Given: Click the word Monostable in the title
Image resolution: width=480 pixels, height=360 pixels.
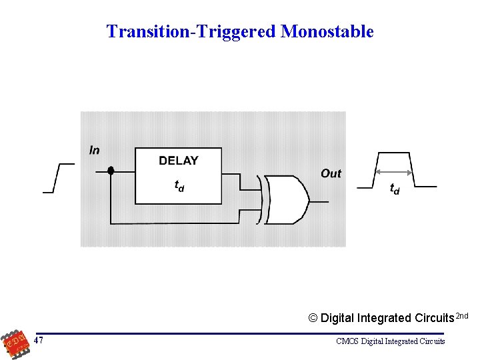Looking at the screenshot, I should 327,31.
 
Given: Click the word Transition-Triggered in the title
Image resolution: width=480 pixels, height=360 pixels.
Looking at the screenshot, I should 192,31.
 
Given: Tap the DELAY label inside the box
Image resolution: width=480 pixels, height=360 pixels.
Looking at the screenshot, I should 179,161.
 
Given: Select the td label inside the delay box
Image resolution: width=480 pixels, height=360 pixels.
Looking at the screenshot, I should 179,186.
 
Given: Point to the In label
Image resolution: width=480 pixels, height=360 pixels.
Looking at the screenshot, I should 95,150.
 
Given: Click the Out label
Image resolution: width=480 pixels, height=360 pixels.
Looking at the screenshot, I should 331,173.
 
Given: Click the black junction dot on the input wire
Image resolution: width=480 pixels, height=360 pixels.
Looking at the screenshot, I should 111,171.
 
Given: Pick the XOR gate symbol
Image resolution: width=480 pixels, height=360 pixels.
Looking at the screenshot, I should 287,200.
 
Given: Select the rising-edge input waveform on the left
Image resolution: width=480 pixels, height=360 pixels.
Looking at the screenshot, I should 57,177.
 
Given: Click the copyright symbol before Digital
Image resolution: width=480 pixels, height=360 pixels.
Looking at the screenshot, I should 313,318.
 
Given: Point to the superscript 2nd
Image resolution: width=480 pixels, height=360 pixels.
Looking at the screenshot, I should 462,315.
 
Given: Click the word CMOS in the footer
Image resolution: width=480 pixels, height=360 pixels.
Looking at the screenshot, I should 347,341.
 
